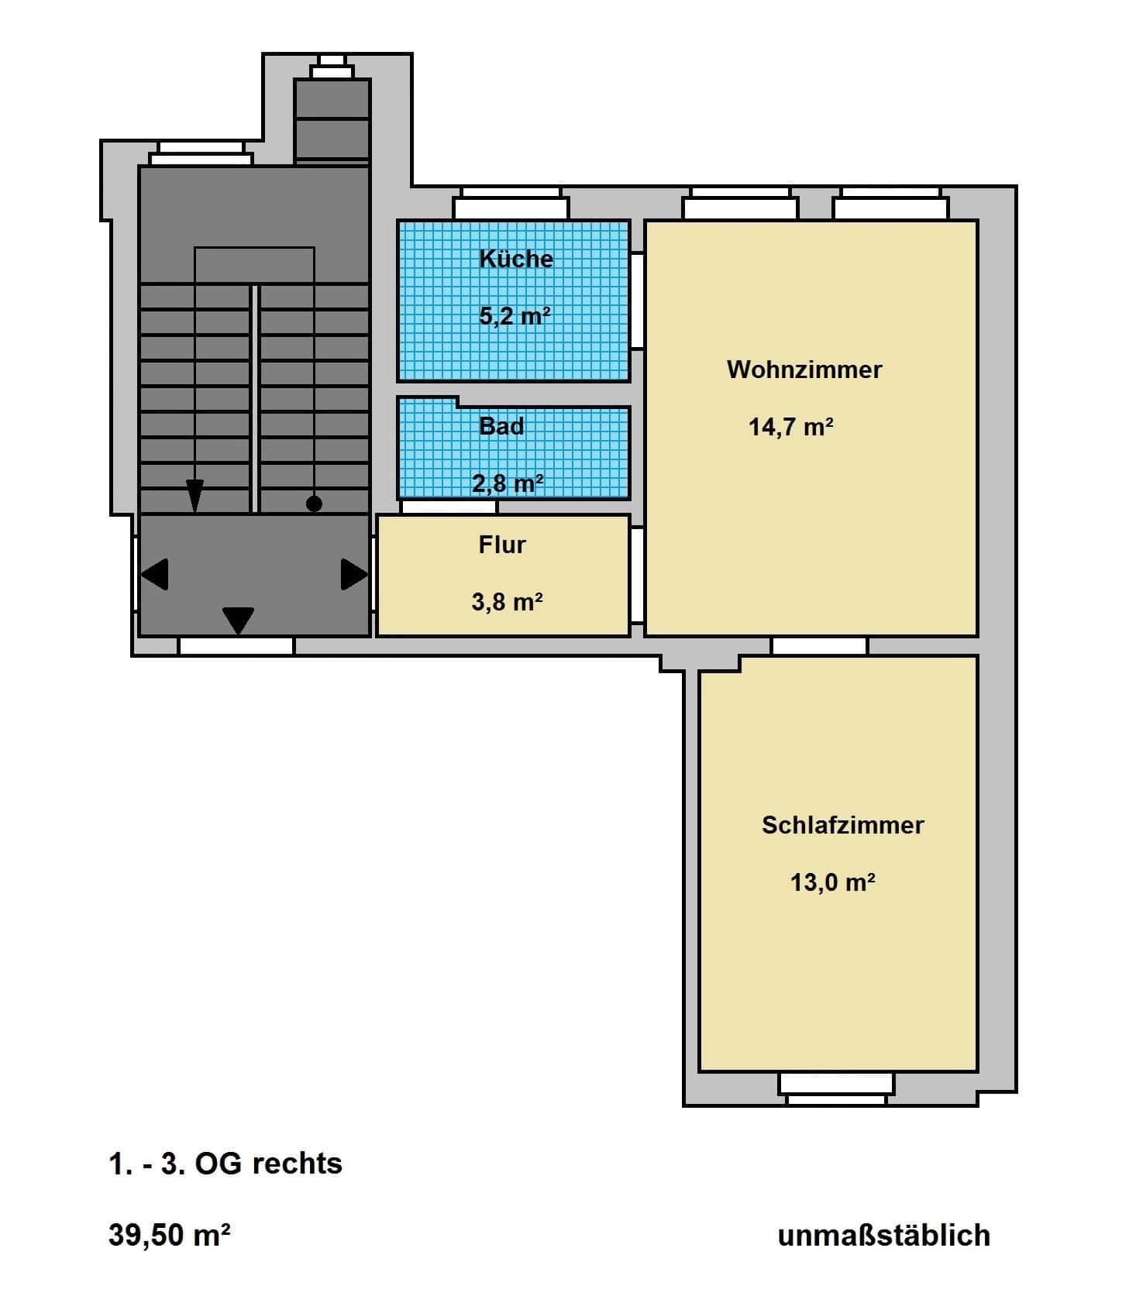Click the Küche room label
click(516, 258)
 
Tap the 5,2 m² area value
click(515, 315)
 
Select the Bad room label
click(501, 426)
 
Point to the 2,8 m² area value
click(508, 483)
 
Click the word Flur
click(502, 545)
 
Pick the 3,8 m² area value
click(507, 601)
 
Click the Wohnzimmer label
click(804, 370)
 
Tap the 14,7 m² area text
click(791, 427)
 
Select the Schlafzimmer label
click(843, 825)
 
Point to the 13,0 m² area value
click(833, 882)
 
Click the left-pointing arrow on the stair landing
click(155, 575)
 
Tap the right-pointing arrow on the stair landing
click(355, 575)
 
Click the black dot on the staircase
click(314, 504)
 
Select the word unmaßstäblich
click(884, 1236)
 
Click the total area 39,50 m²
click(170, 1236)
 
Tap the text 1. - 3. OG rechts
click(225, 1164)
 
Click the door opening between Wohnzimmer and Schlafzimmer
click(819, 646)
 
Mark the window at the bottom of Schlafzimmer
click(836, 1088)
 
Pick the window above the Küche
click(511, 204)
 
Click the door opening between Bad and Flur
click(449, 507)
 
